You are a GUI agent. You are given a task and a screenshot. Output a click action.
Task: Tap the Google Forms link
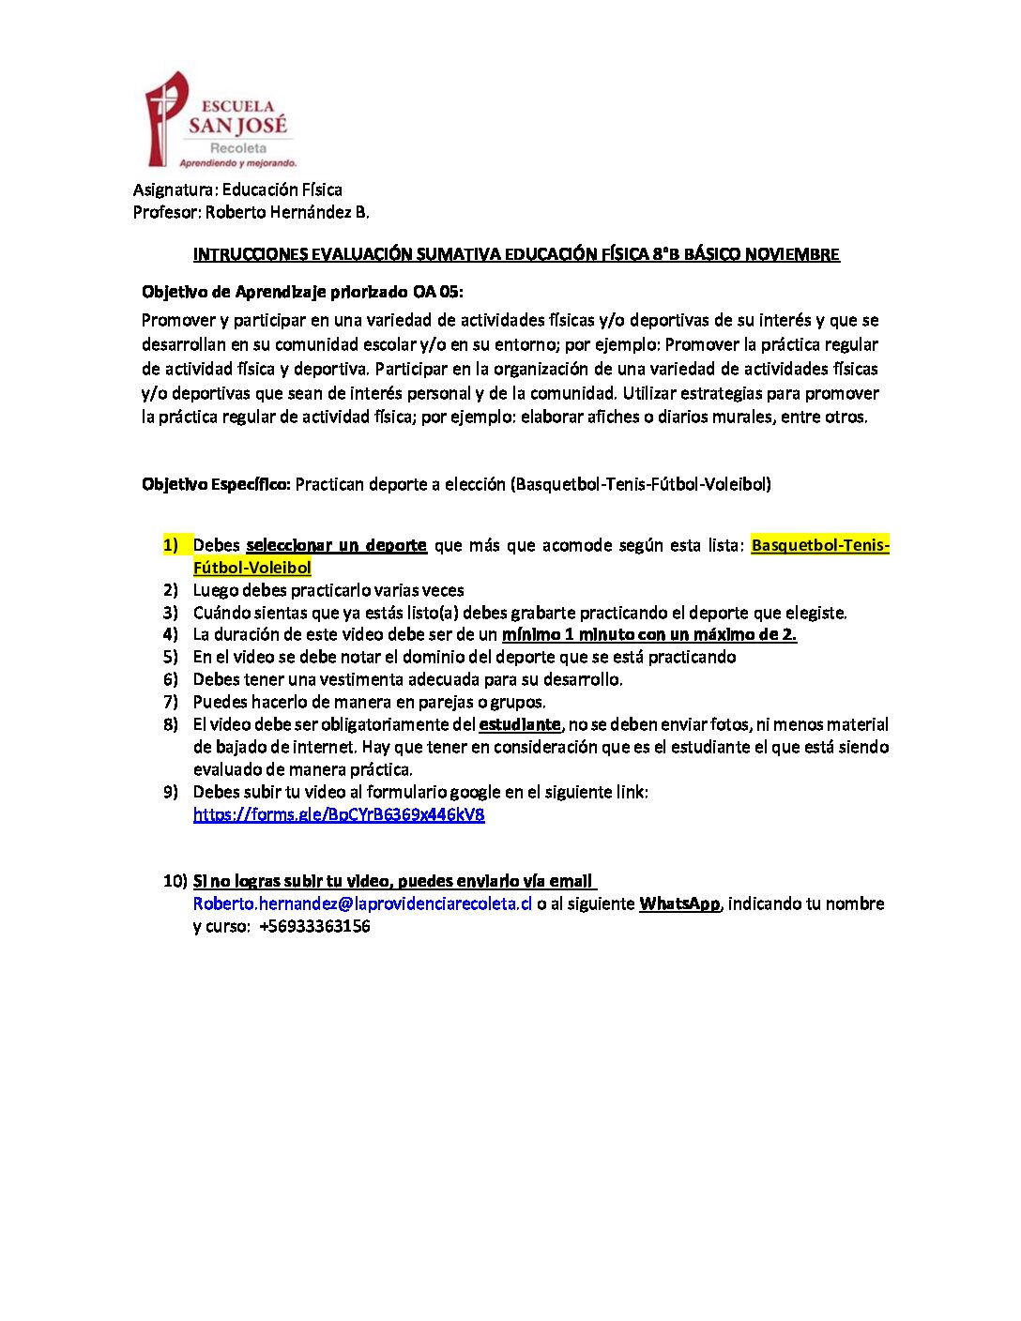(339, 814)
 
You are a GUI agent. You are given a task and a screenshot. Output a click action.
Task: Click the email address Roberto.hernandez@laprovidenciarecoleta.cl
(362, 903)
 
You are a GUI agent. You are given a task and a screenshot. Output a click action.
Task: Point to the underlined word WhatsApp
(679, 903)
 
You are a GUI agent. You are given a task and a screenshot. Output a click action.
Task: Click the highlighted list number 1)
(171, 545)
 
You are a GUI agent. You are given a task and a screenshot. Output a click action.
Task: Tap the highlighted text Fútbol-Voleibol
(251, 568)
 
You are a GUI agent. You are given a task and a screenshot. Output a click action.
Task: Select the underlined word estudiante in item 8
(519, 724)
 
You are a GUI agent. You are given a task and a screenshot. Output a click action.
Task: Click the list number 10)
(175, 881)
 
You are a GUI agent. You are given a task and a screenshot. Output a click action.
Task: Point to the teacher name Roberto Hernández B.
(287, 212)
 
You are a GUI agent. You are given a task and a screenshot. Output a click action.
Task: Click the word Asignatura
(175, 190)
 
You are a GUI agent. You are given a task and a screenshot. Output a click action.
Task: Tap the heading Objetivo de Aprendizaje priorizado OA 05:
(302, 292)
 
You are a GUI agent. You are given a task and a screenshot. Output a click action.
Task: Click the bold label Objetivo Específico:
(216, 484)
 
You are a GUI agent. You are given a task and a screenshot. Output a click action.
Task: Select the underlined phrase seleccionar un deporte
(336, 545)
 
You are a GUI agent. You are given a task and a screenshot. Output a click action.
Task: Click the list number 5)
(171, 657)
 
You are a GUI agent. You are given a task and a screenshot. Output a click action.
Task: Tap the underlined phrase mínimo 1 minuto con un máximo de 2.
(649, 634)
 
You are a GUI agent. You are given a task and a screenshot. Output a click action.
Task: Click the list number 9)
(171, 792)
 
